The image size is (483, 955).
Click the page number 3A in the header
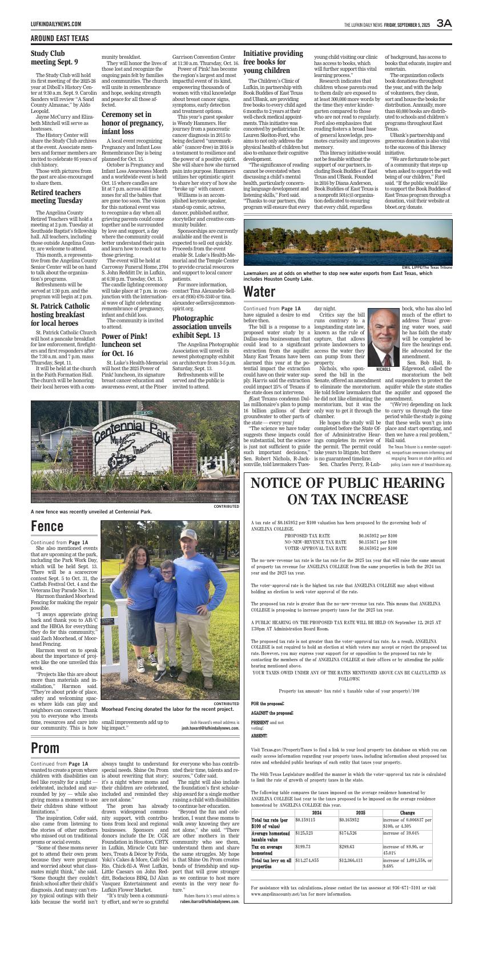(444, 23)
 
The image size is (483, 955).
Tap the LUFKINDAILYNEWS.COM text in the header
(56, 24)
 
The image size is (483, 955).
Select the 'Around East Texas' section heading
(60, 38)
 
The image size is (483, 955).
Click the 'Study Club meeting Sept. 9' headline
(55, 58)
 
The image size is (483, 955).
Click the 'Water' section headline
(259, 292)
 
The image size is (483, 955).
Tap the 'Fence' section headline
(47, 525)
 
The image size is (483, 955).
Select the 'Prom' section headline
(45, 747)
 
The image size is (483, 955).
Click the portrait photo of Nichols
(384, 337)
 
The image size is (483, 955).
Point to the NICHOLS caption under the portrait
(384, 370)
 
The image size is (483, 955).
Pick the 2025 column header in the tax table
(360, 812)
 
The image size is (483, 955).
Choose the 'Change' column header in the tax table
(408, 812)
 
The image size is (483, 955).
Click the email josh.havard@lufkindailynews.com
(210, 728)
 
